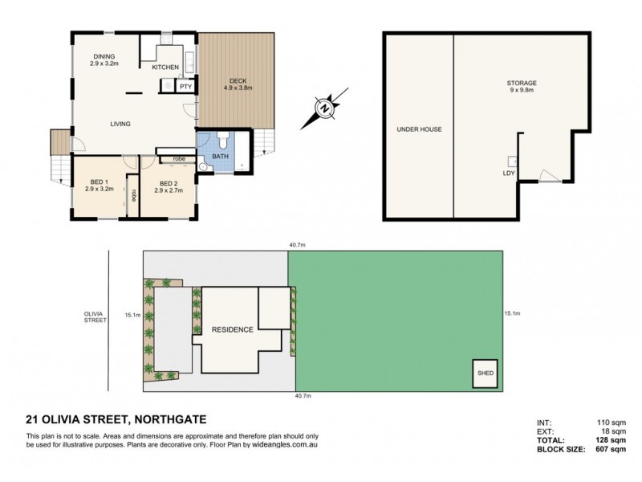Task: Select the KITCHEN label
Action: point(165,68)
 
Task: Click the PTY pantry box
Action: point(185,86)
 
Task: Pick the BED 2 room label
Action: point(166,186)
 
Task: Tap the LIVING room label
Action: point(120,124)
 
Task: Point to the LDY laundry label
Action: point(508,173)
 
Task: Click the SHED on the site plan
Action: point(485,374)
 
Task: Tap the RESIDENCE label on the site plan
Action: point(233,329)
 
